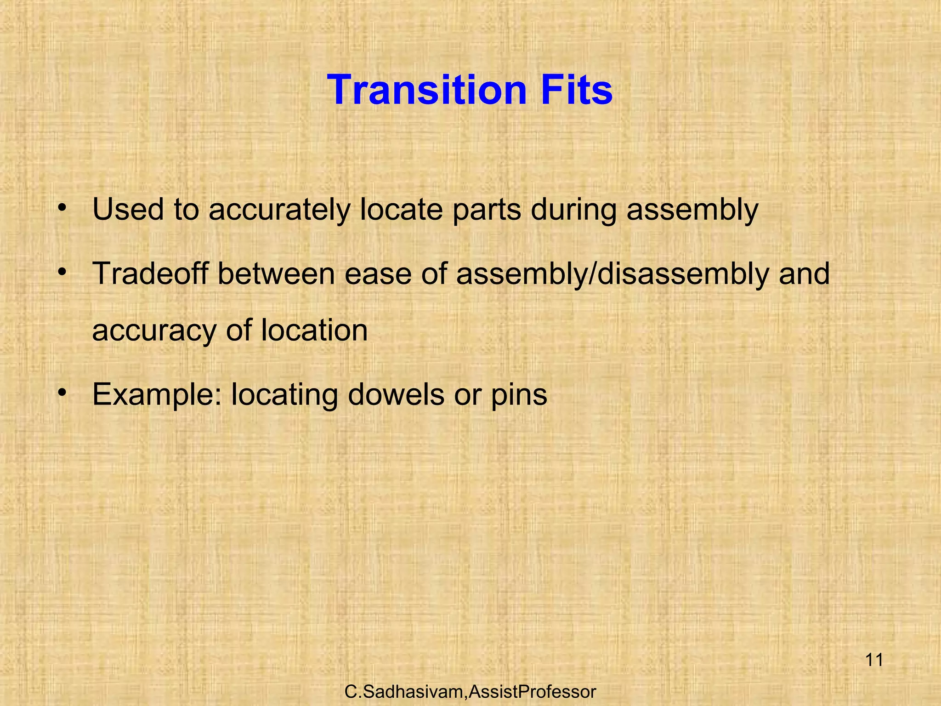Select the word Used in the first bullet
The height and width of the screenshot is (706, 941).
pos(128,209)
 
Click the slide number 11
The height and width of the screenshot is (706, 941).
pos(874,660)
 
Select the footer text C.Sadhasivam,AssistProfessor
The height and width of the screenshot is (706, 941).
pos(470,691)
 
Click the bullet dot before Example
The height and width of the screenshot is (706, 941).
pos(63,393)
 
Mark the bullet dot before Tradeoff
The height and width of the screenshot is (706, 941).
pos(63,273)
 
